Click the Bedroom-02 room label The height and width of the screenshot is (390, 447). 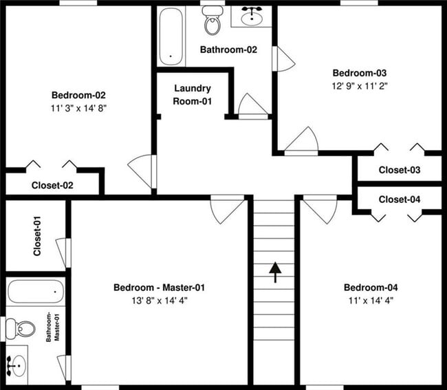pos(78,96)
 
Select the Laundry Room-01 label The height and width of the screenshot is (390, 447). pos(193,95)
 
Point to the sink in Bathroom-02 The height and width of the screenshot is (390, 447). pos(250,15)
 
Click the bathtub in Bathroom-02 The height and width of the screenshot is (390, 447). pos(171,36)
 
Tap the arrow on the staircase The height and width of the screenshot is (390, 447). pos(275,272)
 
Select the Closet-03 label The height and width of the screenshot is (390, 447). pos(400,170)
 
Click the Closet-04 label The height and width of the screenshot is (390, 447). pos(400,199)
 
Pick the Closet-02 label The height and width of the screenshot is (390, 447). pos(52,185)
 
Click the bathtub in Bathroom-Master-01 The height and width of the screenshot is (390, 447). pos(36,293)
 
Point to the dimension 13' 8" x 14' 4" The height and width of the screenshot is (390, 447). pos(159,301)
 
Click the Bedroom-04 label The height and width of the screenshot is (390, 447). pos(371,288)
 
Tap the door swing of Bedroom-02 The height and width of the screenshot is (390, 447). pos(143,171)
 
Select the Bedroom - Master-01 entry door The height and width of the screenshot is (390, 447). pos(227,209)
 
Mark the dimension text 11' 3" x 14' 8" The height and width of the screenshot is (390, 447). pos(78,108)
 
